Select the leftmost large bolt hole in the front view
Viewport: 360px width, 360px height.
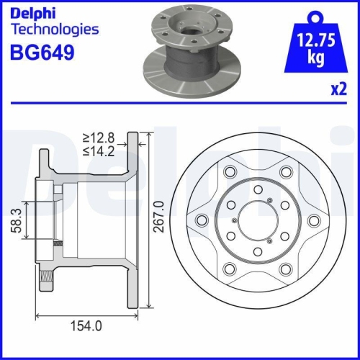[202, 220]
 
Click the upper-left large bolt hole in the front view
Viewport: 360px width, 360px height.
[230, 172]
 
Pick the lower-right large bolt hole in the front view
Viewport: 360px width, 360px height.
[285, 269]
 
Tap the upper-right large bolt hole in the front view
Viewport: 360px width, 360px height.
[285, 172]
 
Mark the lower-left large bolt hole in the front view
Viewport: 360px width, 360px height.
[230, 269]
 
